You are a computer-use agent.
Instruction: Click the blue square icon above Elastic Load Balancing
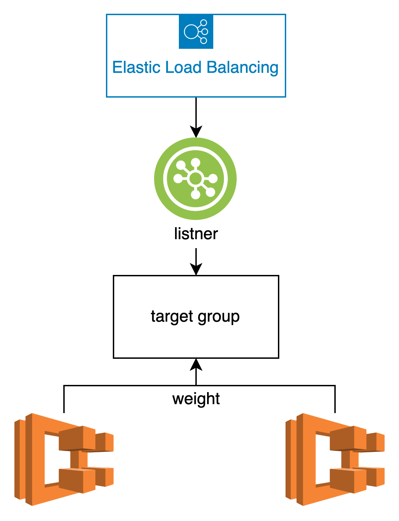(196, 32)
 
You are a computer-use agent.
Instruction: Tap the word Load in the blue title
(183, 67)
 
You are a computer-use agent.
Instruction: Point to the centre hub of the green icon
(195, 179)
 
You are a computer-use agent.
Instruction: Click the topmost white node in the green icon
(195, 162)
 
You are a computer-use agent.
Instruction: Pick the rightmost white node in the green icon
(213, 179)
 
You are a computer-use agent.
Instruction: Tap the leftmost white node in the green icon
(178, 179)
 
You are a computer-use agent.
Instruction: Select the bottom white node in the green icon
(195, 195)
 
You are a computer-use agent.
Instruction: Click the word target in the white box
(172, 316)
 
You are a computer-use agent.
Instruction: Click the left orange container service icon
(64, 459)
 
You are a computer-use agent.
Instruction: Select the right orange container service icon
(335, 459)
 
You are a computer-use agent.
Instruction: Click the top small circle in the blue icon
(204, 23)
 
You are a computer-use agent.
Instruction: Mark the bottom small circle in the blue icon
(204, 41)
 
